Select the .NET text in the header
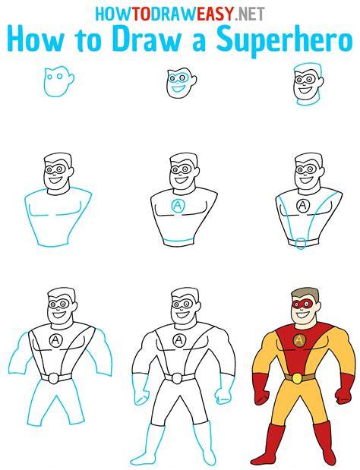[249, 14]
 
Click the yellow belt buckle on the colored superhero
[297, 379]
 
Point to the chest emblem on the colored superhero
[299, 340]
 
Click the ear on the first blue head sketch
[71, 79]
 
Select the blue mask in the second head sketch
[178, 78]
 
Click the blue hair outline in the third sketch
[309, 68]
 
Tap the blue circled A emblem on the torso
[178, 206]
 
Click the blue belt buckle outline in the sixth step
[300, 243]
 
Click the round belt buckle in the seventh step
[54, 378]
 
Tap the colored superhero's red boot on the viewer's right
[323, 443]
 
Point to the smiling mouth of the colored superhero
[302, 315]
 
